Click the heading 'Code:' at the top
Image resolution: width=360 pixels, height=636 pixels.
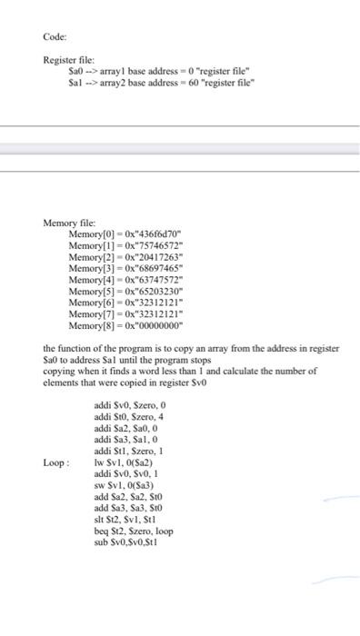[55, 37]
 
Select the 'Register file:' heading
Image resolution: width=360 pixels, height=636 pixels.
[70, 59]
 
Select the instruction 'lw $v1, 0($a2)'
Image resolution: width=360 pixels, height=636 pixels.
[125, 463]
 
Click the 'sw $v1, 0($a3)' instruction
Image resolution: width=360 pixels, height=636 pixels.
[125, 486]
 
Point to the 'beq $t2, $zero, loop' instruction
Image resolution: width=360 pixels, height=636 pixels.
[133, 531]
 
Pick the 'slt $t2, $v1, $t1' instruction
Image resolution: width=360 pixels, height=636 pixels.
[126, 520]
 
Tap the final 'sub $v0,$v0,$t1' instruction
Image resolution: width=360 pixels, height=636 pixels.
[126, 542]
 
